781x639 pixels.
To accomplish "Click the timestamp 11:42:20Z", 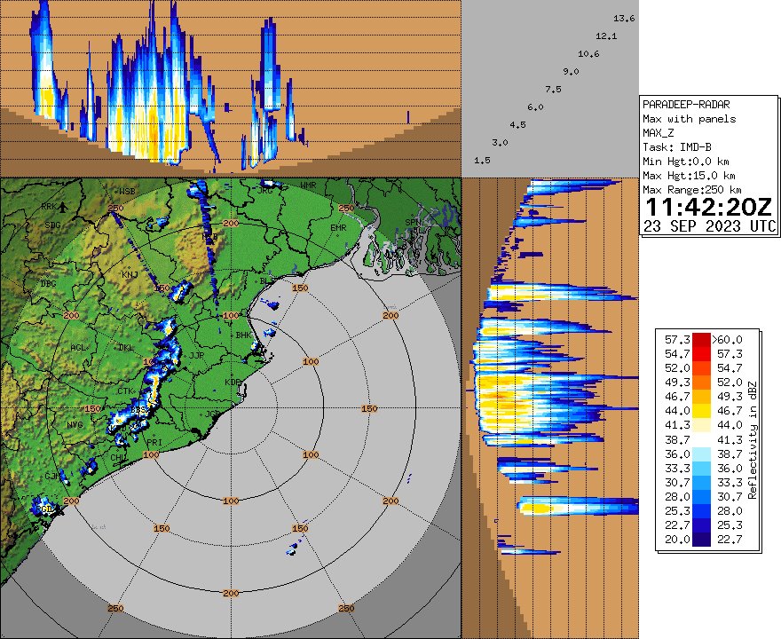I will pos(708,208).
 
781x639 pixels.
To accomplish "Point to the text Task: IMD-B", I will pos(676,146).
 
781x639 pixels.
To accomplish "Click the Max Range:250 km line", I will pos(692,190).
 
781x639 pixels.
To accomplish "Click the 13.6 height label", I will pos(624,19).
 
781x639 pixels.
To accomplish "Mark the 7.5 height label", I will pos(553,89).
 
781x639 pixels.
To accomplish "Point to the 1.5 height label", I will pos(483,160).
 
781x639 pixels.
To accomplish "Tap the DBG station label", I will pos(50,285).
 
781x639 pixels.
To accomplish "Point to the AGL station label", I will pos(79,348).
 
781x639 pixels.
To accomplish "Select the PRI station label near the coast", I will pos(154,442).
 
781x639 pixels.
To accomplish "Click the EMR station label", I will pos(338,228).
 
